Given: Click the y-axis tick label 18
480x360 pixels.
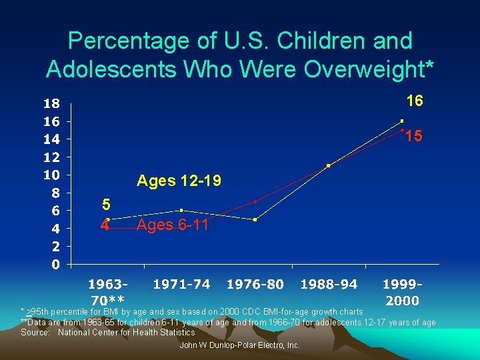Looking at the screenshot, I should point(51,104).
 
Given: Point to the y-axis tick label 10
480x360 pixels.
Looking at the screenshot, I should point(51,175).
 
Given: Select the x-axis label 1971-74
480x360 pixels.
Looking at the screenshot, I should point(181,285).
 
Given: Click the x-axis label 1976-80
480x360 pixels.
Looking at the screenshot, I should point(255,285).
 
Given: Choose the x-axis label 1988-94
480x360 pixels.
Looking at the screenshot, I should point(329,285).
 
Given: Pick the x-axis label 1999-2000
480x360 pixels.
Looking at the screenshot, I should point(403,292).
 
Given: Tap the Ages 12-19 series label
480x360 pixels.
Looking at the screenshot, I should point(179,181).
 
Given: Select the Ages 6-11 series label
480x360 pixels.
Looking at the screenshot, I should point(172,225).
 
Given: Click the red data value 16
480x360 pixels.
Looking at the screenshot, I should point(415,101).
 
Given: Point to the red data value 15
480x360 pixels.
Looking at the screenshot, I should point(414,136).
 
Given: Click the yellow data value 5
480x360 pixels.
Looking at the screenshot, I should point(106,205).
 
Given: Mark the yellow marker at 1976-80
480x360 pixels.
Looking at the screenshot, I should point(255,219).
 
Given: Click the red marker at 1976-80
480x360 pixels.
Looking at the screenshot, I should point(255,201).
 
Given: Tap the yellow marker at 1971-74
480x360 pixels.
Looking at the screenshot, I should point(181,210).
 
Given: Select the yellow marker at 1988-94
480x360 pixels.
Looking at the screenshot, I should point(329,165).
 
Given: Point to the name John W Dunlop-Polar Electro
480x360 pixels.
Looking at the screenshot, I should point(240,345).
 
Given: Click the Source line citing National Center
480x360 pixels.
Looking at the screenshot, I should point(108,332).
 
